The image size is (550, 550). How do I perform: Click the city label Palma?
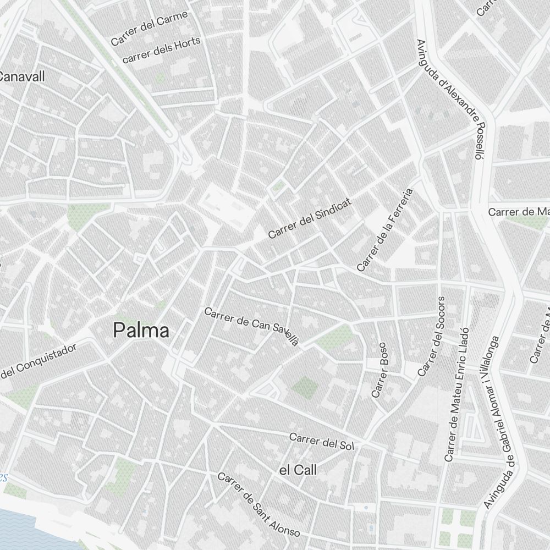(141, 330)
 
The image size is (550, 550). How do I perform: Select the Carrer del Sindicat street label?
(309, 219)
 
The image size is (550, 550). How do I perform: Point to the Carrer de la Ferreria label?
(384, 230)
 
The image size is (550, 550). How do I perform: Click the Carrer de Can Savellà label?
(251, 327)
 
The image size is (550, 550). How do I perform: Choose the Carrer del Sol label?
(321, 441)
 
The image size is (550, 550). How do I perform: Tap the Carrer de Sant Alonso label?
(258, 505)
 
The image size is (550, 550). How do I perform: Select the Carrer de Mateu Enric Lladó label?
(458, 394)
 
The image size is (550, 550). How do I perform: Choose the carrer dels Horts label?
(161, 50)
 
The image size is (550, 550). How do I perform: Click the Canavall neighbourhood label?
(22, 76)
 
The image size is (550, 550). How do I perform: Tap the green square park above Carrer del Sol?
(305, 388)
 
